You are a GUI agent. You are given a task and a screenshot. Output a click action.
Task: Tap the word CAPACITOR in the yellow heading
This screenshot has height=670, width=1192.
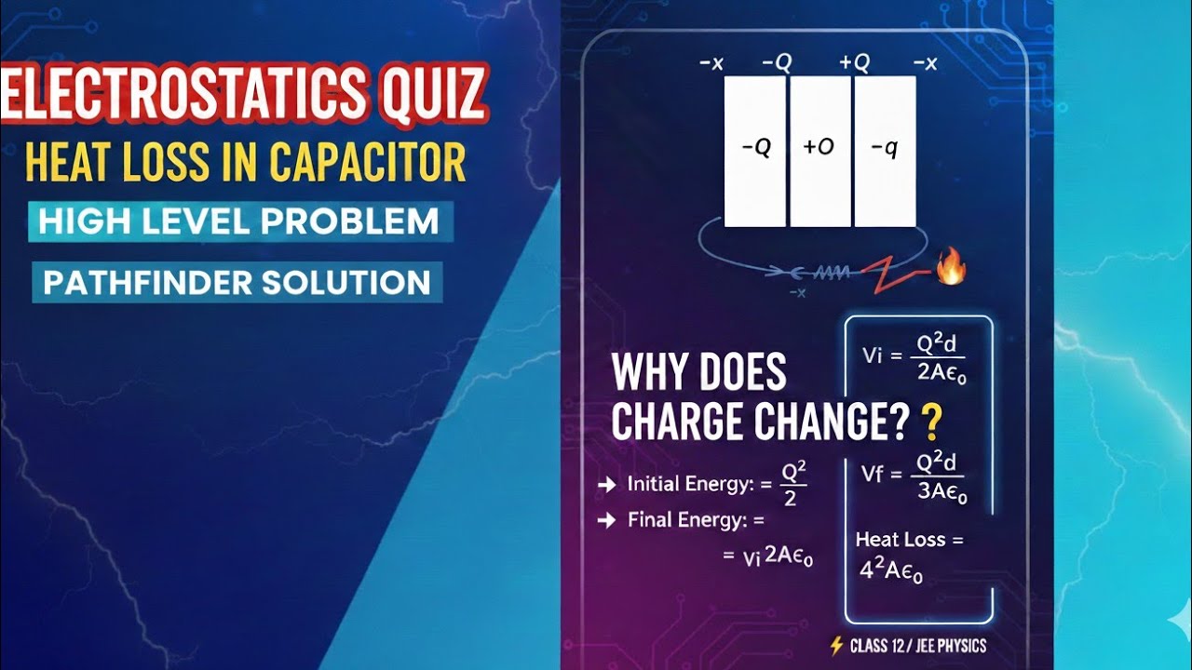click(x=367, y=161)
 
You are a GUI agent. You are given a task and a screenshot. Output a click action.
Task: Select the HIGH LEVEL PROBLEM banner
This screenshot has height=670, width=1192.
click(x=240, y=221)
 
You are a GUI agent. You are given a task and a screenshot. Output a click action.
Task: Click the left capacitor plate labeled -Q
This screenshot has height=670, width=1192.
click(x=755, y=150)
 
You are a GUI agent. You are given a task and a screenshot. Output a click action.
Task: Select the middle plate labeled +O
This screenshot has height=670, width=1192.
click(x=819, y=150)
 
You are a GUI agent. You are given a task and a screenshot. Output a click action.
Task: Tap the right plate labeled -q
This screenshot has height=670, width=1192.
click(x=885, y=150)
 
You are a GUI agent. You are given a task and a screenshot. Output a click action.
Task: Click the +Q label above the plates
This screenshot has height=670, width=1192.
click(x=854, y=63)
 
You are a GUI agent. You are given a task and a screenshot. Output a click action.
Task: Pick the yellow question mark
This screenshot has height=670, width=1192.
click(x=928, y=423)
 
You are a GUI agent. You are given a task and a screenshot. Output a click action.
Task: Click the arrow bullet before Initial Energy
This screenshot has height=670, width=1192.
click(x=606, y=484)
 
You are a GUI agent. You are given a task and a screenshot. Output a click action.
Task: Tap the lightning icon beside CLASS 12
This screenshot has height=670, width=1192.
click(x=836, y=645)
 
